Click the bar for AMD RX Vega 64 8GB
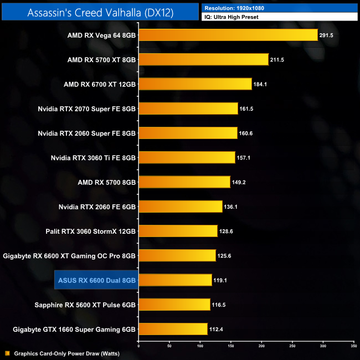(x=228, y=35)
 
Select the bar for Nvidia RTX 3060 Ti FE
(x=187, y=157)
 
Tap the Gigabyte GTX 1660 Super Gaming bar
(x=173, y=329)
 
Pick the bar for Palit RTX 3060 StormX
(x=178, y=231)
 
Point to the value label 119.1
(x=221, y=280)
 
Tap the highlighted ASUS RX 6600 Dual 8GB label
(x=95, y=280)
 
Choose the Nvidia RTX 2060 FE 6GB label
(x=97, y=207)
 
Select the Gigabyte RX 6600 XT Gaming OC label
(x=69, y=255)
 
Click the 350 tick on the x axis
(x=353, y=345)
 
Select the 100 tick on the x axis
(x=200, y=345)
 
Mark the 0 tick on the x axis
(x=138, y=345)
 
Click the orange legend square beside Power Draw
(x=7, y=353)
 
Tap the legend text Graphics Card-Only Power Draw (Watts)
(x=67, y=353)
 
